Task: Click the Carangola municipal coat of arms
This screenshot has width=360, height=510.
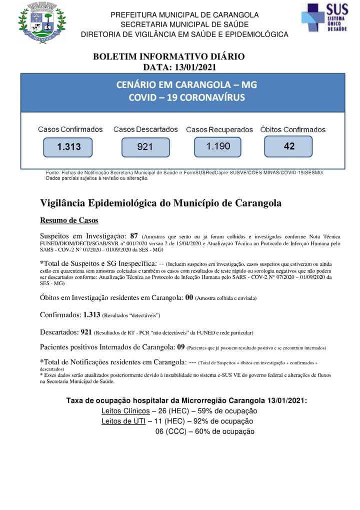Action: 41,23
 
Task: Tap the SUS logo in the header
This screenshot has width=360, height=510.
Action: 324,18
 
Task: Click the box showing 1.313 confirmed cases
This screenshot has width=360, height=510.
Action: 68,147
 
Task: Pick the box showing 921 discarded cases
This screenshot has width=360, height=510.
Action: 145,147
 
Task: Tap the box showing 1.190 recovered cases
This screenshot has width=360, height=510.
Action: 218,146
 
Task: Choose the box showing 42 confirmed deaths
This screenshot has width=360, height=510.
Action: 289,146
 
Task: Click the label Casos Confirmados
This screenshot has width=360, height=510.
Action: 70,129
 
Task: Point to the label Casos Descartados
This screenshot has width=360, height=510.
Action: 145,129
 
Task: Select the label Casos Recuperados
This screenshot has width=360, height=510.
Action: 219,130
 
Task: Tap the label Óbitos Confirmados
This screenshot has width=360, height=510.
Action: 293,130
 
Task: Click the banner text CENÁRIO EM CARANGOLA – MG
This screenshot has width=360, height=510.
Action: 186,85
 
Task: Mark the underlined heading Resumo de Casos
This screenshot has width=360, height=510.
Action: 69,220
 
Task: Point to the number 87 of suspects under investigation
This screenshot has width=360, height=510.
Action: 134,236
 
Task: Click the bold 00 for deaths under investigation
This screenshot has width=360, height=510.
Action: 189,297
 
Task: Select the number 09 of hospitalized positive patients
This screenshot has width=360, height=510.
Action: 181,346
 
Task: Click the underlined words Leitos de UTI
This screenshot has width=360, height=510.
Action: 123,421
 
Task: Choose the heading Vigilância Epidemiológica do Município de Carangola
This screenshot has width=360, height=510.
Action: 160,203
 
